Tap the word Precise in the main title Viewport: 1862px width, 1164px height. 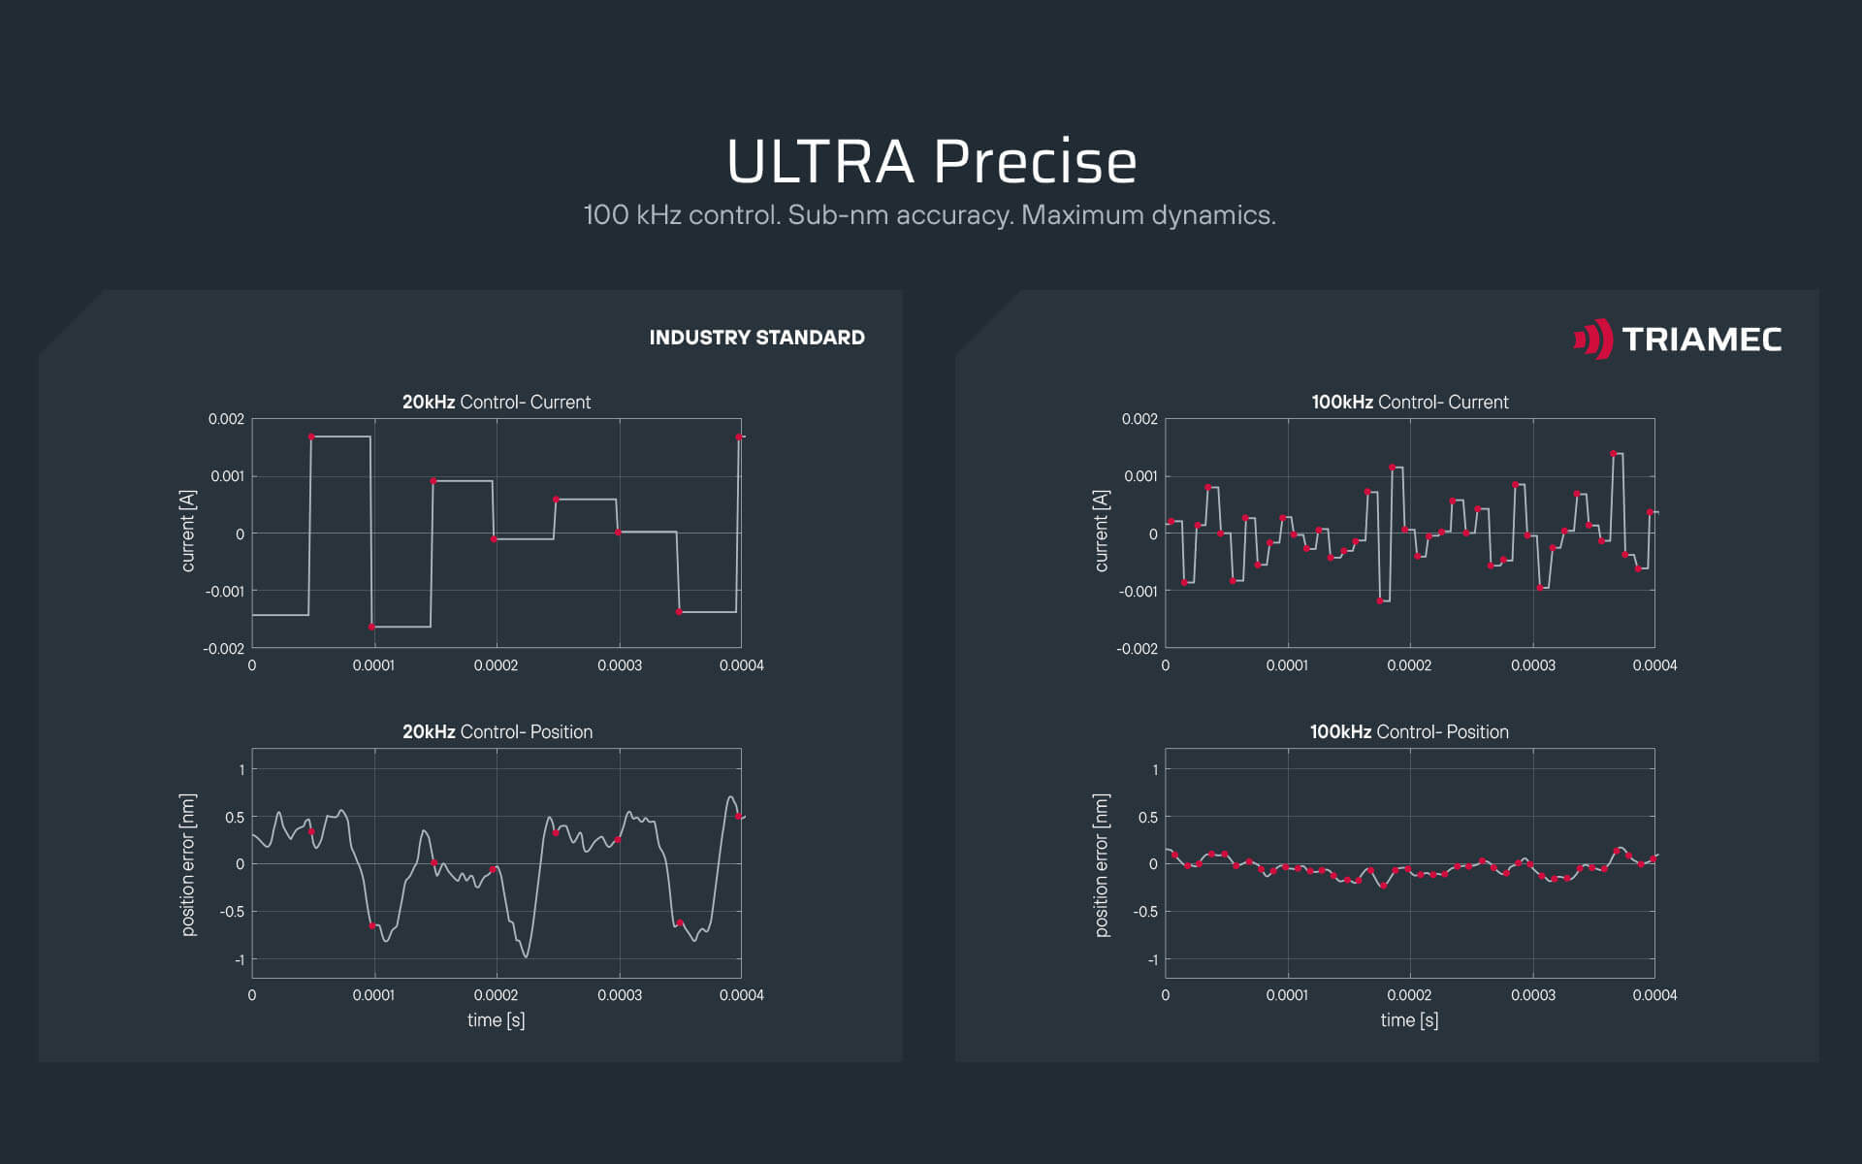point(1035,162)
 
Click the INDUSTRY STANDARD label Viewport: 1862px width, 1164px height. point(756,338)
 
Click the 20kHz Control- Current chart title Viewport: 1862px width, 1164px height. point(497,402)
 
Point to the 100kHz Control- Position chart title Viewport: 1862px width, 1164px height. point(1409,731)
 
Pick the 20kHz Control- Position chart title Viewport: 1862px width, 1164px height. point(497,731)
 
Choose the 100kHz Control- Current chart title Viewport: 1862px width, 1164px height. point(1409,402)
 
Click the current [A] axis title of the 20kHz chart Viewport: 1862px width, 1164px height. point(188,531)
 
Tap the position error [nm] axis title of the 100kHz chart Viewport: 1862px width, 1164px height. point(1102,865)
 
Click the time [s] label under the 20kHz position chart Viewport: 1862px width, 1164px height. point(496,1019)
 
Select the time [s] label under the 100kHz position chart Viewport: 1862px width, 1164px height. point(1409,1019)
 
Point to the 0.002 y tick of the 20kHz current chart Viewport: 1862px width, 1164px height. point(226,419)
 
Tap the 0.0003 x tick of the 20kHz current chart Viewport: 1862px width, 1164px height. point(619,665)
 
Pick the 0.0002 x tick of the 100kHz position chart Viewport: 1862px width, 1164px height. point(1409,995)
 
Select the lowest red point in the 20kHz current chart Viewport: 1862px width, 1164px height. point(371,627)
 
